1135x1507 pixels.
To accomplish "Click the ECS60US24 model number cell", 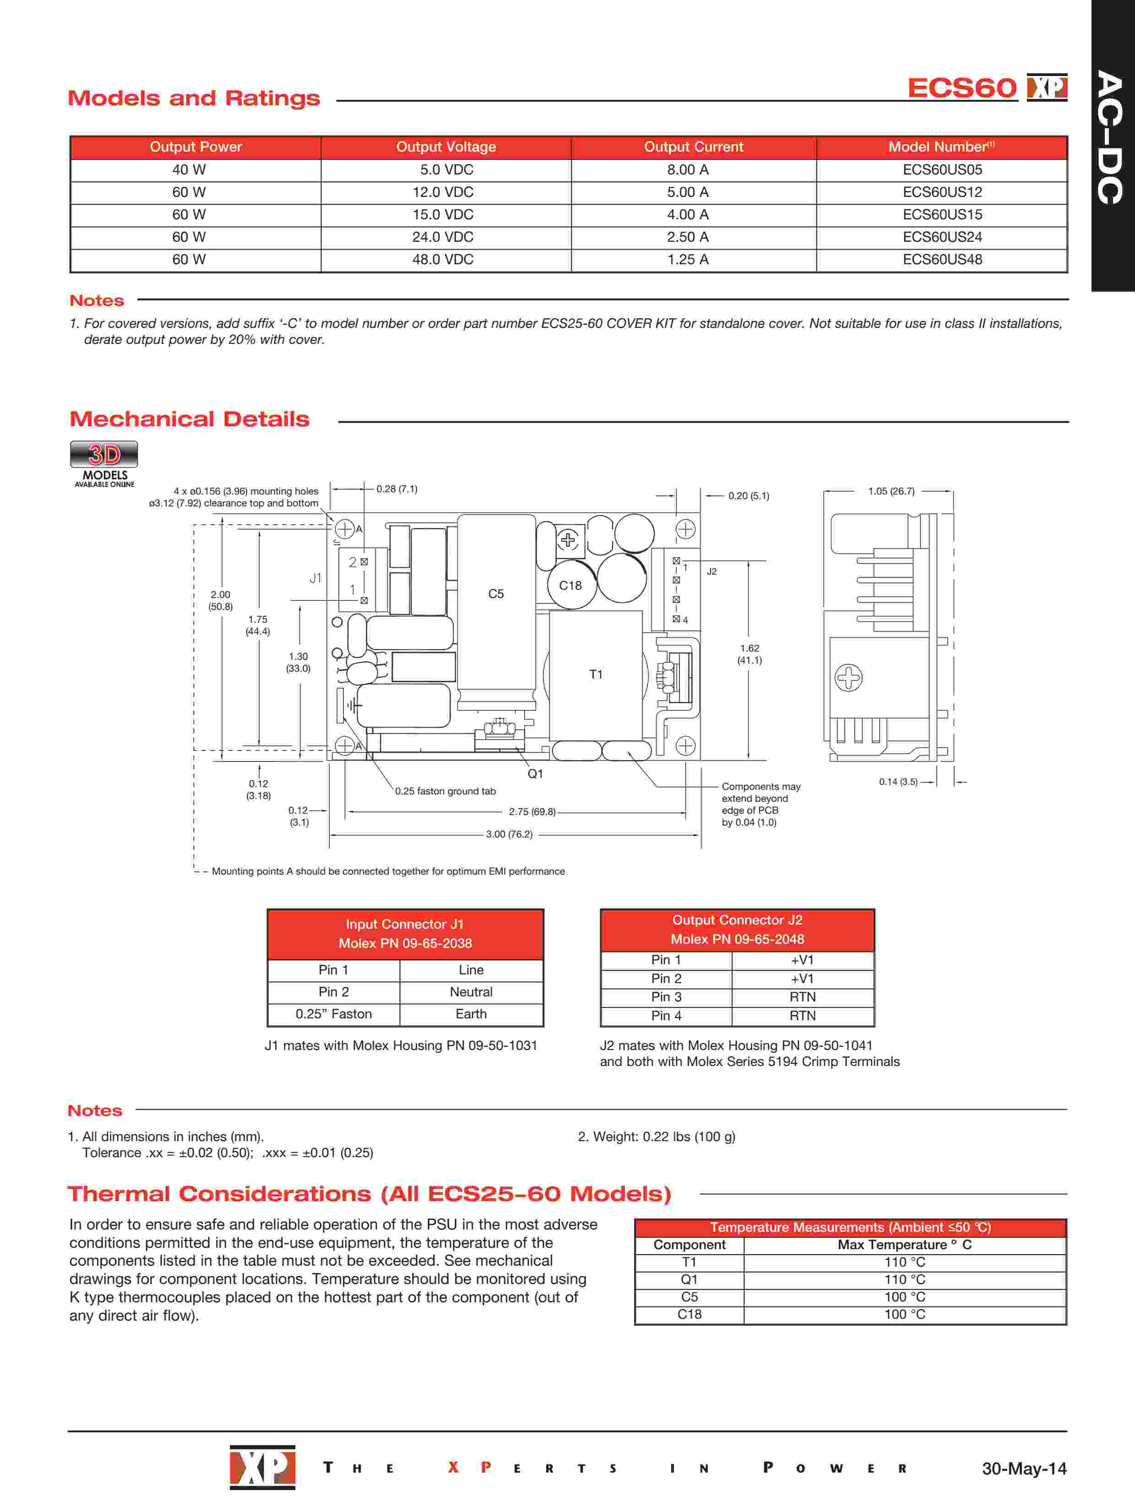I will pos(942,237).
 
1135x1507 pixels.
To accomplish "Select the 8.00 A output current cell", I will pos(687,169).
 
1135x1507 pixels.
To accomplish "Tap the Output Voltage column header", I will pos(445,147).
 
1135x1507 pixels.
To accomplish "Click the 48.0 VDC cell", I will pos(442,260).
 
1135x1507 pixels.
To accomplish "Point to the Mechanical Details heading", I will pos(190,419).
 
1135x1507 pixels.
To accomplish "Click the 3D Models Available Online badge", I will pos(104,463).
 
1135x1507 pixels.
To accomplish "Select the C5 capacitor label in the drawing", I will pos(496,594).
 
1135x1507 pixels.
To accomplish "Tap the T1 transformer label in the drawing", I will pos(596,675).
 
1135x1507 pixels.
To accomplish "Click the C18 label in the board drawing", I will pos(570,585).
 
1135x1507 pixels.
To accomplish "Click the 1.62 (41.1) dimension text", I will pos(749,654).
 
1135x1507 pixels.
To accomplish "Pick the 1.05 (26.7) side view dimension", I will pos(891,491).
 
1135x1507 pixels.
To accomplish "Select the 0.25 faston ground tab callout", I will pos(445,791).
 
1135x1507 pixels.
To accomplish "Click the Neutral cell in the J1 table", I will pos(471,992).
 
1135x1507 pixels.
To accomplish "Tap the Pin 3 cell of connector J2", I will pos(666,997).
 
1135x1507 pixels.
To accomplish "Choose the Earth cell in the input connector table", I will pos(471,1014).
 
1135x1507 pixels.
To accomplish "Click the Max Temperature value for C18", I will pos(905,1314).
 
